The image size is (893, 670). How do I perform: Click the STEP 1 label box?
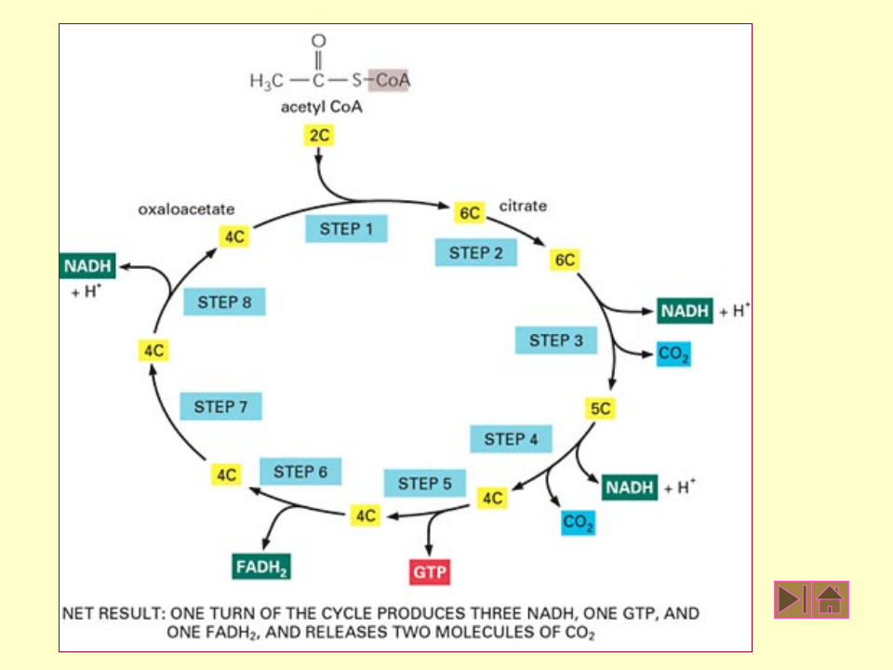[x=346, y=229]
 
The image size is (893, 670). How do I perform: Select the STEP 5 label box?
[x=425, y=484]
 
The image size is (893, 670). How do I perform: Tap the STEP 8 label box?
[x=224, y=302]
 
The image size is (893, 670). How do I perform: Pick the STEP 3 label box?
[x=556, y=341]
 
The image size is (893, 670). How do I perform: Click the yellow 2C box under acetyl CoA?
[x=319, y=136]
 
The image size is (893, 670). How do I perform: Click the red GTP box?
[x=430, y=572]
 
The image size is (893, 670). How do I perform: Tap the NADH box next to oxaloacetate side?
[x=88, y=266]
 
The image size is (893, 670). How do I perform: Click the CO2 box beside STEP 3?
[x=673, y=355]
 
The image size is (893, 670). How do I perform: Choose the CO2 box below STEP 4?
[x=578, y=523]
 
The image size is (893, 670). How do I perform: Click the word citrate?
[x=523, y=206]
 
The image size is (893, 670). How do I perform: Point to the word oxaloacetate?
[x=186, y=209]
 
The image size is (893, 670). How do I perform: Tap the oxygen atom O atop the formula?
[x=318, y=41]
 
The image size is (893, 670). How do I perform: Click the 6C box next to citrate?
[x=469, y=213]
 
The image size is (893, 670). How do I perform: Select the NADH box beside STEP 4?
[x=630, y=488]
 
